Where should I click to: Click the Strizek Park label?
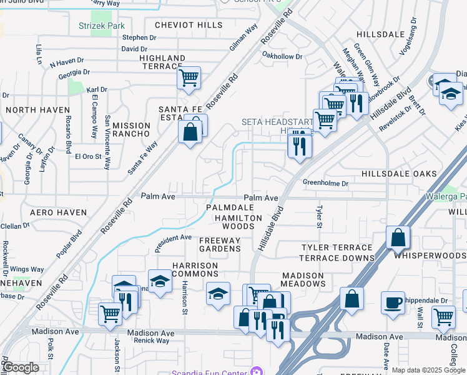(x=102, y=26)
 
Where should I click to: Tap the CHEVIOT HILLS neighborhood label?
(x=179, y=25)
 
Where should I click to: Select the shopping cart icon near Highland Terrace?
(x=188, y=78)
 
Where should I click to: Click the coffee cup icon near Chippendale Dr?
(x=393, y=302)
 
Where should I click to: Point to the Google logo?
(x=20, y=367)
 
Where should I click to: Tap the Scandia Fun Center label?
(x=212, y=373)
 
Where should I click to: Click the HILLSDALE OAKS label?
(x=393, y=172)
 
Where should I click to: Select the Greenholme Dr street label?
(x=325, y=183)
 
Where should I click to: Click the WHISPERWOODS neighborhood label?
(x=430, y=256)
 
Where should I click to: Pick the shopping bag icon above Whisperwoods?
(x=398, y=239)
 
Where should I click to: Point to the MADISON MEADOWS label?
(x=303, y=279)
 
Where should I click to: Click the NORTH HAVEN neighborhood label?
(x=37, y=110)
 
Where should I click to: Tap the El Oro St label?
(x=89, y=156)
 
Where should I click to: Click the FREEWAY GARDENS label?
(x=219, y=244)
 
